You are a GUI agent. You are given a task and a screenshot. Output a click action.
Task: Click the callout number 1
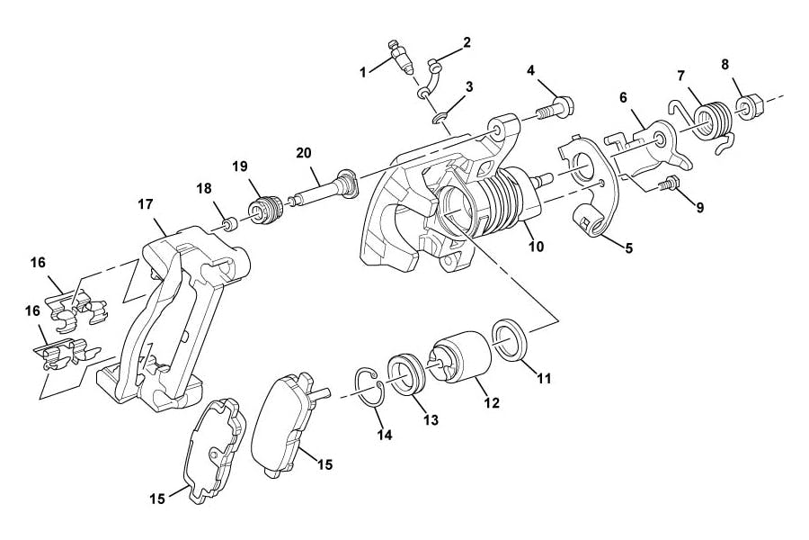click(363, 72)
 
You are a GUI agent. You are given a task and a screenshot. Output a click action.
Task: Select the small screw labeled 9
click(536, 246)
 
